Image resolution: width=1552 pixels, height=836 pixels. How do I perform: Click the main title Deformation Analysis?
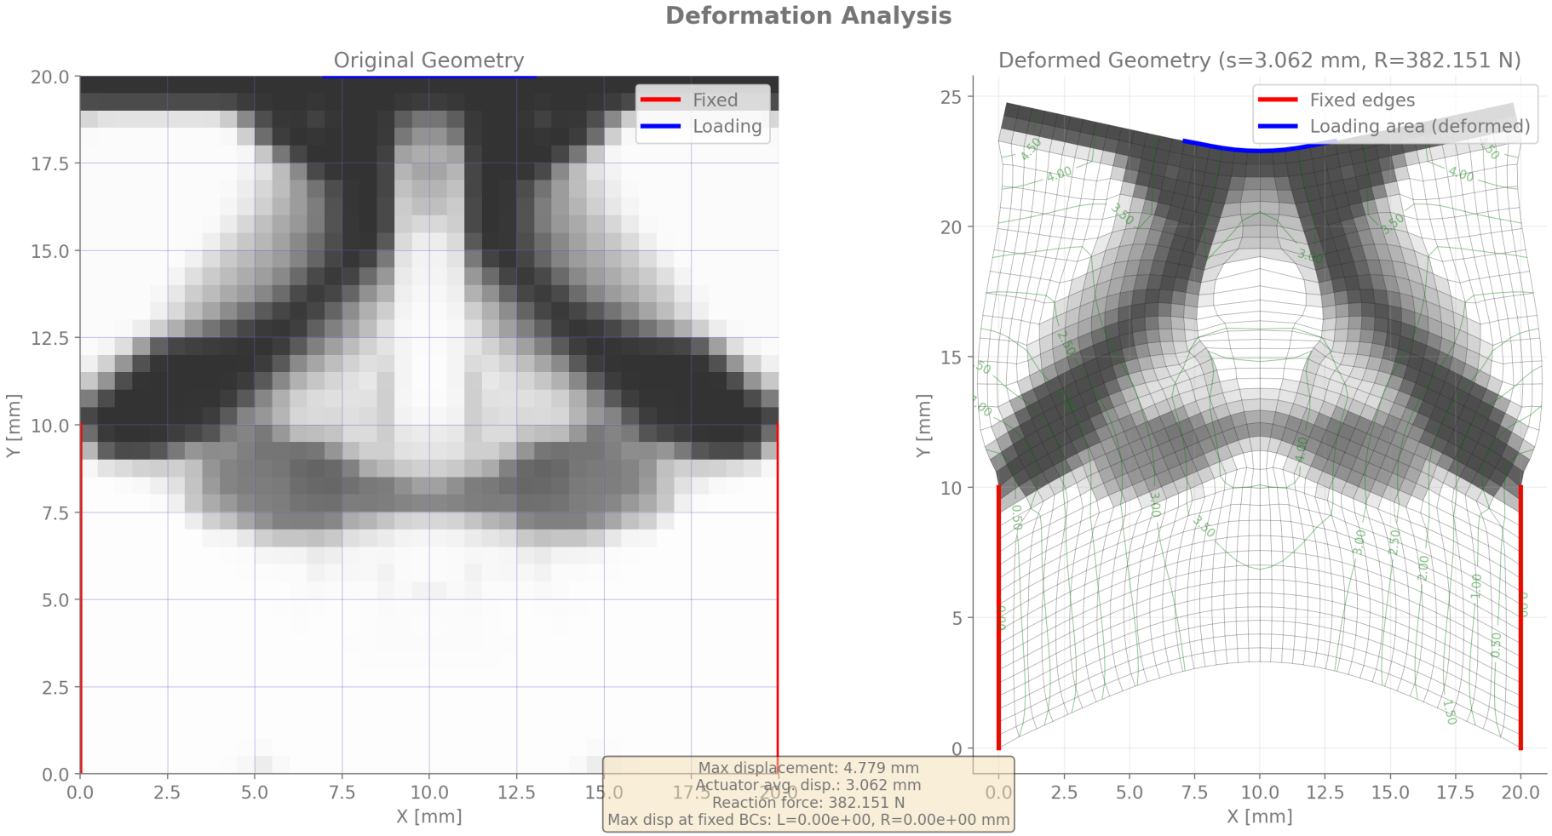[808, 16]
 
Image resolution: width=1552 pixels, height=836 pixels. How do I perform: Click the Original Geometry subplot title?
[428, 60]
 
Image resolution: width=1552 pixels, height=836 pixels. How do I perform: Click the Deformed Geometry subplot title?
[1259, 60]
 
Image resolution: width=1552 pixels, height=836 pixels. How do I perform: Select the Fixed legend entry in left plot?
[714, 100]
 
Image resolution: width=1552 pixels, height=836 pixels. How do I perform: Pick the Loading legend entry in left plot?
[726, 126]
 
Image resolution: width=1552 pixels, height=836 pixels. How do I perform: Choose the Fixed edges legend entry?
[1361, 100]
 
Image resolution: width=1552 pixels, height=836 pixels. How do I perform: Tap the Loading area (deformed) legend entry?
[1418, 126]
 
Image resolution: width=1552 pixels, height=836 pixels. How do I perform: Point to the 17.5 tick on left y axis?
[50, 163]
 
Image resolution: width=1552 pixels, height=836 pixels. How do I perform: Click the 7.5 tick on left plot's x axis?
[342, 793]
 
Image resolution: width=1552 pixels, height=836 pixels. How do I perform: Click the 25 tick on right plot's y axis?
[951, 97]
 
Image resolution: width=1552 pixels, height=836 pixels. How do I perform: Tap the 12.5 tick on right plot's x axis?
[1325, 793]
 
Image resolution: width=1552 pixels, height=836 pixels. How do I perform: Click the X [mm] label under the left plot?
[428, 816]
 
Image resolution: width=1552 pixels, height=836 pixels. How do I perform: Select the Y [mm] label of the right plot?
[923, 426]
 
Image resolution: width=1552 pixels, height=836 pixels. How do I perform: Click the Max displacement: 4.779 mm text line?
[808, 768]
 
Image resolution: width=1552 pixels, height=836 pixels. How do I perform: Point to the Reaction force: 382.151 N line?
[808, 802]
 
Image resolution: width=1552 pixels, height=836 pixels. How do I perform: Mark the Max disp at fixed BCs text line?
[808, 820]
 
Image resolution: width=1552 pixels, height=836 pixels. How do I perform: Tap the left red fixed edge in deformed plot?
[998, 617]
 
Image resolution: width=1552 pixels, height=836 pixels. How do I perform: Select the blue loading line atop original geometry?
[428, 77]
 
